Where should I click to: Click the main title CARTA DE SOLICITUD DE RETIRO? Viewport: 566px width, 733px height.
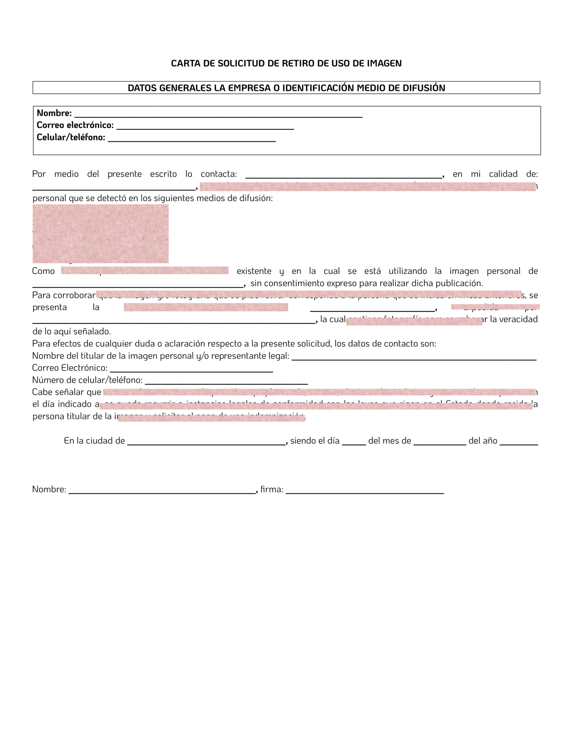[x=286, y=63]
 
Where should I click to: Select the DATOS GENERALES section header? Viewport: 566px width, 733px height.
[x=286, y=88]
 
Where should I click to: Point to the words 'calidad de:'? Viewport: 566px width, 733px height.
[x=513, y=174]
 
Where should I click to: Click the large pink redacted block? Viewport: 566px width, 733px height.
[x=100, y=234]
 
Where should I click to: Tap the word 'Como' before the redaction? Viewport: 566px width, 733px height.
[x=44, y=271]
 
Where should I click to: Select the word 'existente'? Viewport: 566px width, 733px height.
[x=254, y=271]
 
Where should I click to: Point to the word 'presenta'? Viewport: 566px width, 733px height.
[x=50, y=307]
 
